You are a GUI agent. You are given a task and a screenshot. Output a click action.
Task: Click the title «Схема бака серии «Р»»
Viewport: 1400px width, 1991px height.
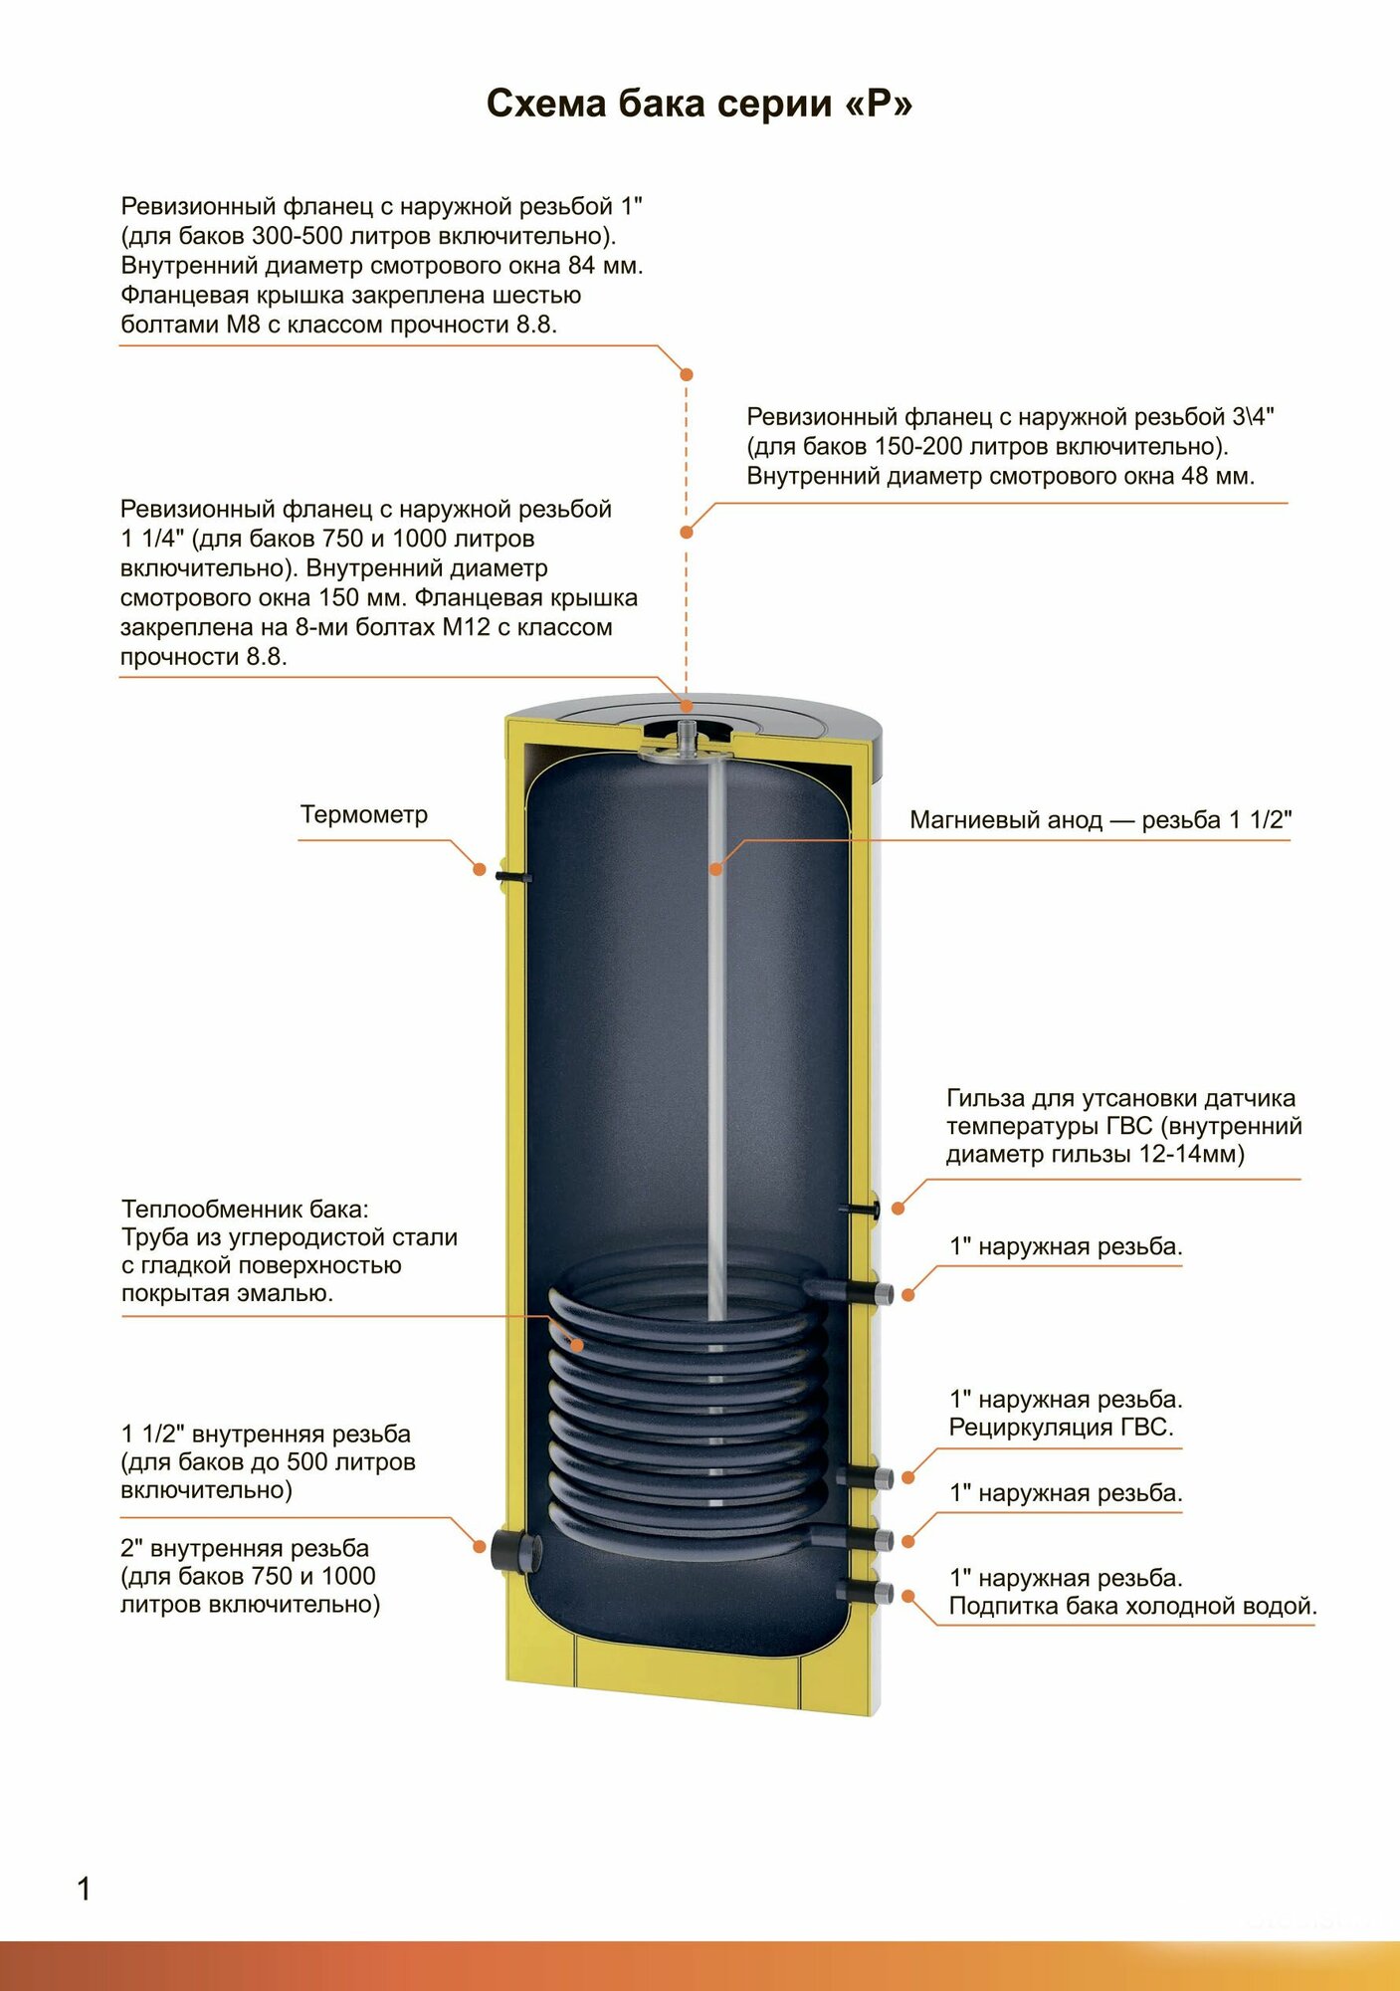coord(699,104)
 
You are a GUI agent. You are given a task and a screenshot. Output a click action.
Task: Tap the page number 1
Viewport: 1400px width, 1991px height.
coord(84,1888)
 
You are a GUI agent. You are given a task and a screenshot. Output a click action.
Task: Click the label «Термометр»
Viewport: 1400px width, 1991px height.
coord(364,814)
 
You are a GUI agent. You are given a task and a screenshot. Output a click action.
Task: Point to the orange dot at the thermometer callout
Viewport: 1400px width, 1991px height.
coord(480,869)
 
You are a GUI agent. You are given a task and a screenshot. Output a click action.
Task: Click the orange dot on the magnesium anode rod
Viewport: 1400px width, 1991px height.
coord(715,869)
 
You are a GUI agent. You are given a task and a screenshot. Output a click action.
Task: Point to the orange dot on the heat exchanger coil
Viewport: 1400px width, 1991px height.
coord(577,1345)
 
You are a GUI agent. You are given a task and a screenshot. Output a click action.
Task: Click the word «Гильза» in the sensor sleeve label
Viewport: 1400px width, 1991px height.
coord(984,1098)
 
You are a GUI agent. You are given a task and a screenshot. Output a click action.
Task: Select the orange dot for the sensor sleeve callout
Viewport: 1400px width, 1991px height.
coord(898,1209)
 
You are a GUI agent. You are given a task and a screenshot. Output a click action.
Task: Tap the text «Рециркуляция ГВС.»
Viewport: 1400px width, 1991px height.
coord(1061,1428)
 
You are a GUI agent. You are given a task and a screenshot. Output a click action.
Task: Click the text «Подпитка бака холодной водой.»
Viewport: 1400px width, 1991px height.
coord(1132,1606)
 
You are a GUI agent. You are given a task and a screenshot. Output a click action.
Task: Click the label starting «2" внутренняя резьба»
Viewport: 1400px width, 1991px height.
coord(245,1549)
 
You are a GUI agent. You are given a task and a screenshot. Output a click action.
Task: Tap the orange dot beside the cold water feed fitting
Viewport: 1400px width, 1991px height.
coord(908,1596)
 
